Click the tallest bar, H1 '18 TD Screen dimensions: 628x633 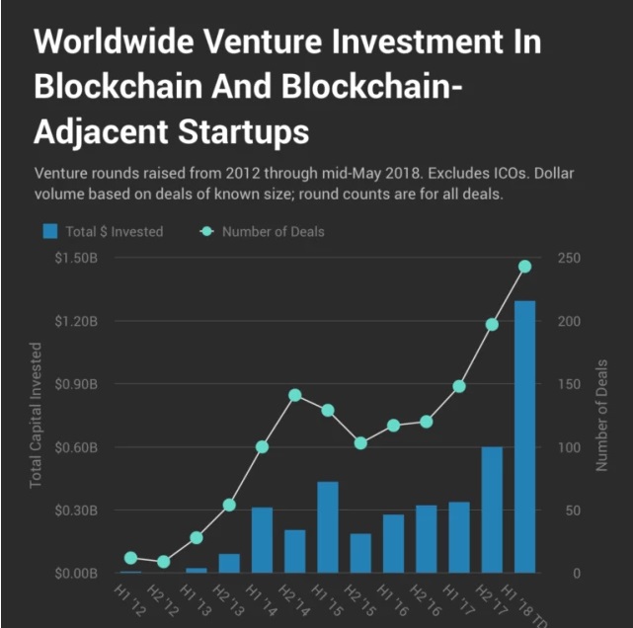coord(524,436)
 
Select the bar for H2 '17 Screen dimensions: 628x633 coord(492,510)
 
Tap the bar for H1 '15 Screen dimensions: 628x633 coord(328,527)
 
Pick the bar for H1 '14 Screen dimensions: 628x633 coord(262,540)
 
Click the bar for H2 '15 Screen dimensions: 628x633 coord(360,553)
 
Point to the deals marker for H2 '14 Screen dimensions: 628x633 coord(294,395)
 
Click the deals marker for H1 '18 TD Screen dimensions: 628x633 coord(524,267)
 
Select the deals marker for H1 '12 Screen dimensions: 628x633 coord(130,558)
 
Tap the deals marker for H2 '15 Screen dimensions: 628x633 coord(360,443)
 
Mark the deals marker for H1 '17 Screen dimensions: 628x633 coord(459,386)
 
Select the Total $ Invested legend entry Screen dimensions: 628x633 coord(103,231)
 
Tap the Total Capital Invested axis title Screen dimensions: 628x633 coord(37,415)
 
